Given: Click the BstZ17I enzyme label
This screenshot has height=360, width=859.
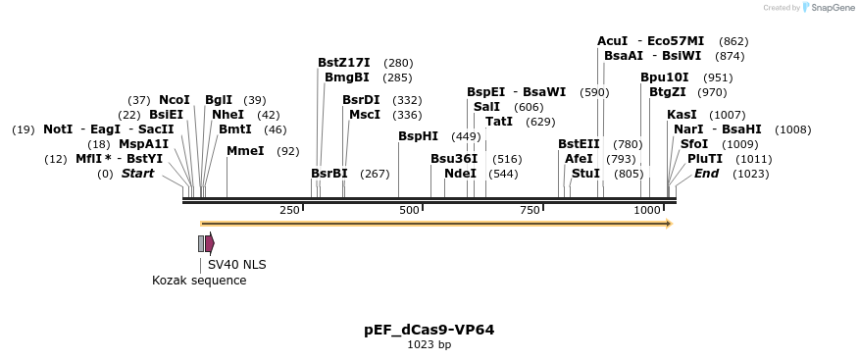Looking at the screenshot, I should (x=344, y=63).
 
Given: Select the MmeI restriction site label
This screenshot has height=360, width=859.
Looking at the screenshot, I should (x=245, y=151).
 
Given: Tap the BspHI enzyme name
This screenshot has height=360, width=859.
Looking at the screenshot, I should (x=419, y=136).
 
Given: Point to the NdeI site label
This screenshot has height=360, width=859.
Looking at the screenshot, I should (x=460, y=174).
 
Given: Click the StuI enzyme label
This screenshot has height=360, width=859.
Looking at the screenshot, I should (x=585, y=174).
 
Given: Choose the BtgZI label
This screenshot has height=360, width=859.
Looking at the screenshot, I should (x=668, y=92).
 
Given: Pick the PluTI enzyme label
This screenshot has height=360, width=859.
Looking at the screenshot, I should (x=705, y=159).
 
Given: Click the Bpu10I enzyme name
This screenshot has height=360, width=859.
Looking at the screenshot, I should (x=665, y=77).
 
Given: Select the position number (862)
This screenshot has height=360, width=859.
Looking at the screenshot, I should (x=733, y=41).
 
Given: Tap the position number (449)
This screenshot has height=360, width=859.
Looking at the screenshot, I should (x=466, y=136).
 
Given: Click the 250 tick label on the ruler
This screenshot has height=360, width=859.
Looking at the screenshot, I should (x=290, y=211).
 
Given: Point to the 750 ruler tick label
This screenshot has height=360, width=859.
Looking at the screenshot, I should (x=530, y=211).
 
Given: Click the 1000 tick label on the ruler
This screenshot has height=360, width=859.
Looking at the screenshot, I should (x=647, y=211).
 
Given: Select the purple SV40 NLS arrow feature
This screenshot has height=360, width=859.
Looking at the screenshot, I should (x=210, y=243).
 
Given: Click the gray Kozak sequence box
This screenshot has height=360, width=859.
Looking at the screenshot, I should (x=201, y=243).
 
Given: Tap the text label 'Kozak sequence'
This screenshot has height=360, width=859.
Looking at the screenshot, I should (x=199, y=281).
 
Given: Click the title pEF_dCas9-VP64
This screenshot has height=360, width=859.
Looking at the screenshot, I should (x=429, y=330).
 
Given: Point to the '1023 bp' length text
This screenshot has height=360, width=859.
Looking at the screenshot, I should (x=429, y=345).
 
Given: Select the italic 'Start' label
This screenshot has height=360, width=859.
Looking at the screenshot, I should (x=138, y=174).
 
